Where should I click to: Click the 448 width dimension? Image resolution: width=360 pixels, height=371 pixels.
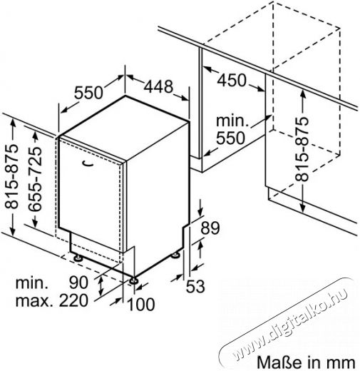tap(158, 86)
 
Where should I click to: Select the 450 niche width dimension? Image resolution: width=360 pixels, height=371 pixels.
tap(232, 80)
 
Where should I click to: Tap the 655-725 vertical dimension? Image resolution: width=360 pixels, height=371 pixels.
tap(35, 178)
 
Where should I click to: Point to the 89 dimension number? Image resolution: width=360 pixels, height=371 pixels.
tap(210, 228)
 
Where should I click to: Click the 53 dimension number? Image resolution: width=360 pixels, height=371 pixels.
tap(195, 286)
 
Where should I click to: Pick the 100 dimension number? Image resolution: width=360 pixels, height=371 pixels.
tap(141, 304)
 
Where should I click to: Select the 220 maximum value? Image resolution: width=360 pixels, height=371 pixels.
tap(73, 300)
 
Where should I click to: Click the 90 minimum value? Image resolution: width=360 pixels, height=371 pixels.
tap(78, 283)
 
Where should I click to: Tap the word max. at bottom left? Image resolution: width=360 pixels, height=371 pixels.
tap(34, 301)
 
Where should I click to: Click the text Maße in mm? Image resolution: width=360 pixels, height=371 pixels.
tap(306, 362)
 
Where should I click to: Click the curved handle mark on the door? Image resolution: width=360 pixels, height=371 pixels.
tap(87, 163)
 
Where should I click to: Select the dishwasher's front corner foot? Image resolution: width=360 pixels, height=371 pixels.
tap(133, 280)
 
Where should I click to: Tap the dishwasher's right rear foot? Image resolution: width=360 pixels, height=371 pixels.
tap(175, 255)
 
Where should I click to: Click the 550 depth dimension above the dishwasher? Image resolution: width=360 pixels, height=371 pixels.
tap(88, 93)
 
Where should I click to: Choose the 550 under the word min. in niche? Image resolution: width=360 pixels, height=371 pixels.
tap(230, 138)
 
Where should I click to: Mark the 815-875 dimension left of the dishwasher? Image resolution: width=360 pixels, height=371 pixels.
tap(11, 176)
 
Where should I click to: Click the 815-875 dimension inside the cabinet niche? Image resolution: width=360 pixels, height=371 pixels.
tap(302, 149)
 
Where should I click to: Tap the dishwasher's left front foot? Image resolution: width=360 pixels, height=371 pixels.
tap(78, 258)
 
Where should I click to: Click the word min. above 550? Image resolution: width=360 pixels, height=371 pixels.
tap(232, 121)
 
